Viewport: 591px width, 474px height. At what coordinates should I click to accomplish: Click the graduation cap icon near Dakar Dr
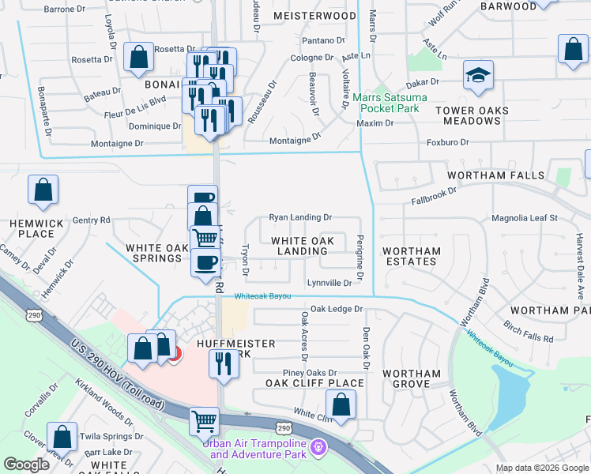(478, 75)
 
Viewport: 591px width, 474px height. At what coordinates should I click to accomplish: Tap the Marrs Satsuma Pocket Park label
(390, 103)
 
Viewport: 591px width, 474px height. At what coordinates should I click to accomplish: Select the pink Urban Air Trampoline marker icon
(318, 447)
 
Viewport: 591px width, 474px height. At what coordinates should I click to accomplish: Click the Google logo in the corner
(27, 465)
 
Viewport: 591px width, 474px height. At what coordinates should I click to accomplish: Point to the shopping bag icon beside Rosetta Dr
(138, 58)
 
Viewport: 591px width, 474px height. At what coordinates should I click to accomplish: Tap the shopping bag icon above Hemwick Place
(43, 190)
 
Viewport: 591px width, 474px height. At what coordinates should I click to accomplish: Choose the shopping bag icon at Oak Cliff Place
(341, 405)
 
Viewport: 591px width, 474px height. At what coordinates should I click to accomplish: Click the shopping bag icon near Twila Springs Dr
(62, 438)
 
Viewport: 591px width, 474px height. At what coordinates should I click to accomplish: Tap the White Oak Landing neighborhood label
(302, 246)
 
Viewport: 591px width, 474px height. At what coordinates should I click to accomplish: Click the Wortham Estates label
(411, 256)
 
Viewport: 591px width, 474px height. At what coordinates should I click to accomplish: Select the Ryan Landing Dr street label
(300, 216)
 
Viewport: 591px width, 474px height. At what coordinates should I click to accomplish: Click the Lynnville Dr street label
(329, 283)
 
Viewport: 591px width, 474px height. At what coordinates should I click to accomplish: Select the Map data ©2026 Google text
(542, 468)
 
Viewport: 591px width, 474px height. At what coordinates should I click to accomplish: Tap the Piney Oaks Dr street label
(310, 373)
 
